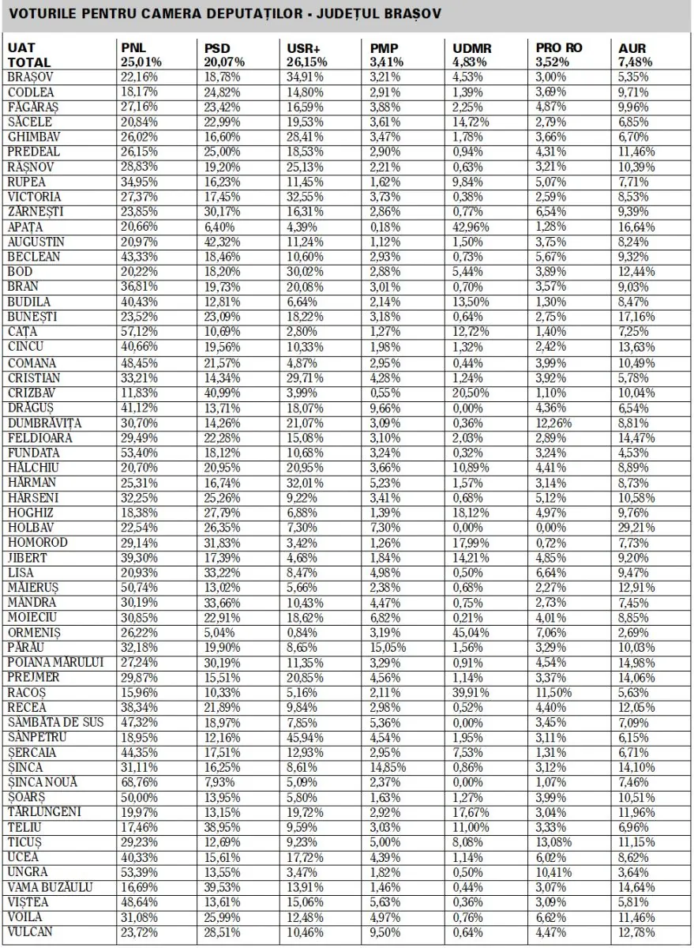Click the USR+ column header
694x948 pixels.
[302, 48]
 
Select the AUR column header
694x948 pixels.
[632, 48]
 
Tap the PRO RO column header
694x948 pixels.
[559, 48]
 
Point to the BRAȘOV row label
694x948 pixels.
[29, 77]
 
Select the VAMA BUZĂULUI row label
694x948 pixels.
[51, 886]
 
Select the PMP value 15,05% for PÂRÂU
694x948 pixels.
[386, 647]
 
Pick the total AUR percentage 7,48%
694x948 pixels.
[632, 62]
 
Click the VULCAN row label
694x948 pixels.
[31, 931]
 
